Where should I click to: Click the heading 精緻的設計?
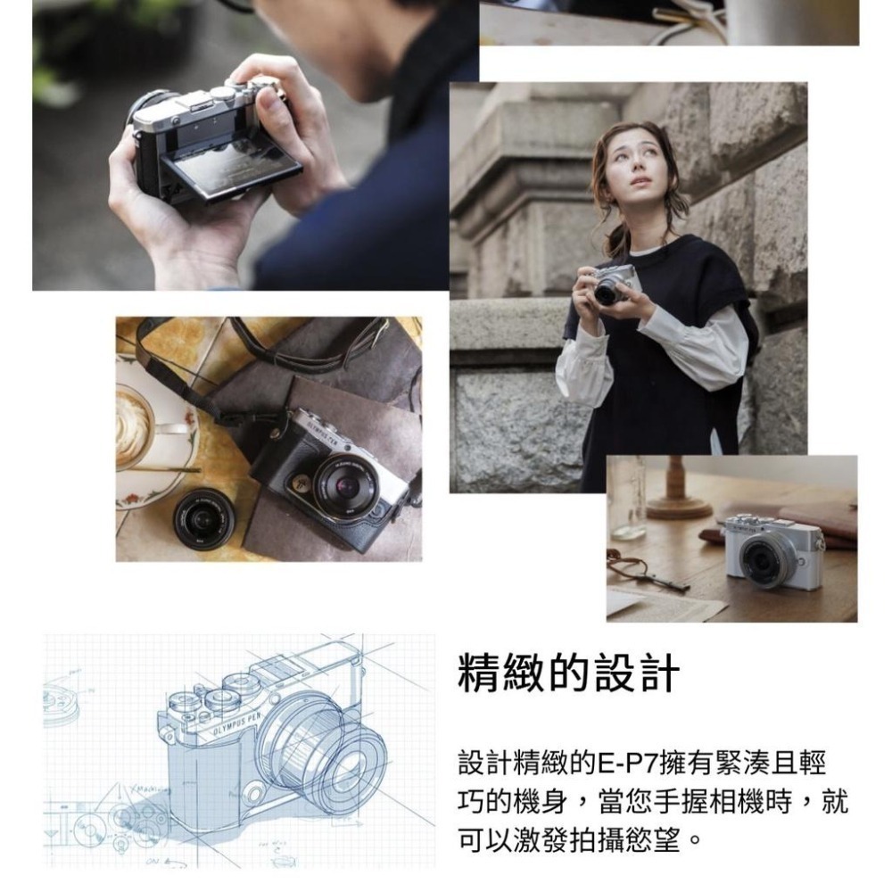coord(568,675)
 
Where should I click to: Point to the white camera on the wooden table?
coord(772,550)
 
